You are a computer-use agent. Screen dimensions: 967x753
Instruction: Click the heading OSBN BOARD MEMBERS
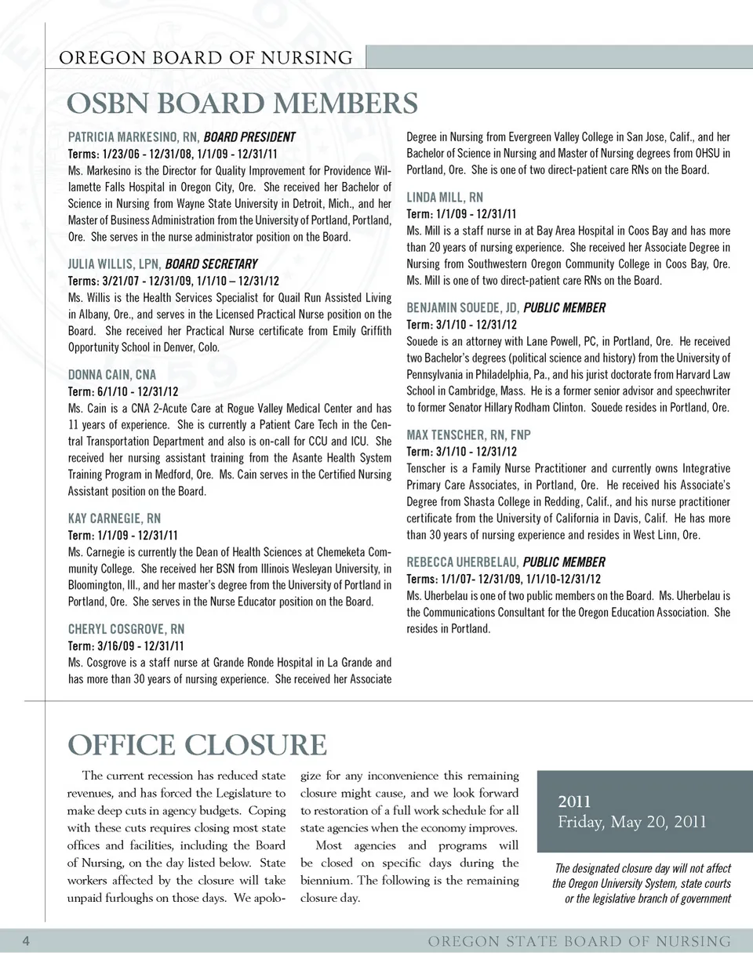point(242,104)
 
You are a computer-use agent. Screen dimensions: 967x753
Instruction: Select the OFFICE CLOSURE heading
point(197,745)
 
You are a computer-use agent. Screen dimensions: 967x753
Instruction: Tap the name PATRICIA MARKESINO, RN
point(133,137)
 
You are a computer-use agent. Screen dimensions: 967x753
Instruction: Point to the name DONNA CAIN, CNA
point(112,375)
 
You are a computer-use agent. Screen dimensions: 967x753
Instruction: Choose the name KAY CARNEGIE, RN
point(115,518)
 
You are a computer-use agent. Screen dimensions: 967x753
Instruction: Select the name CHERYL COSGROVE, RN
point(126,629)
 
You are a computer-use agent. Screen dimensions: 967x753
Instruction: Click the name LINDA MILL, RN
point(445,198)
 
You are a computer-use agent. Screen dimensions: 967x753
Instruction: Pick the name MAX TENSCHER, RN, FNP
point(468,434)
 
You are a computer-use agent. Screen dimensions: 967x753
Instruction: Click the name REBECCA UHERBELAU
point(462,562)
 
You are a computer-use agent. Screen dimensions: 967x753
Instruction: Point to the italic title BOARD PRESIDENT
point(249,137)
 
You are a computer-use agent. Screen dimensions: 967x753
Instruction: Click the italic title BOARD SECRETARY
point(211,264)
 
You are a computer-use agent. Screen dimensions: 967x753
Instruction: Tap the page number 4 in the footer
point(26,941)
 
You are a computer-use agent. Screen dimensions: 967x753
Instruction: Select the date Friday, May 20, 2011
point(632,822)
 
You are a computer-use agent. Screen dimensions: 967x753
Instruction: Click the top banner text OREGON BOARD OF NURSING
point(206,58)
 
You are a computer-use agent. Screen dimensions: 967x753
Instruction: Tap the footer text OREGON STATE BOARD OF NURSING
point(579,941)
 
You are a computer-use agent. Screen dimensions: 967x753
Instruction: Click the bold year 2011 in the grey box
point(574,802)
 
